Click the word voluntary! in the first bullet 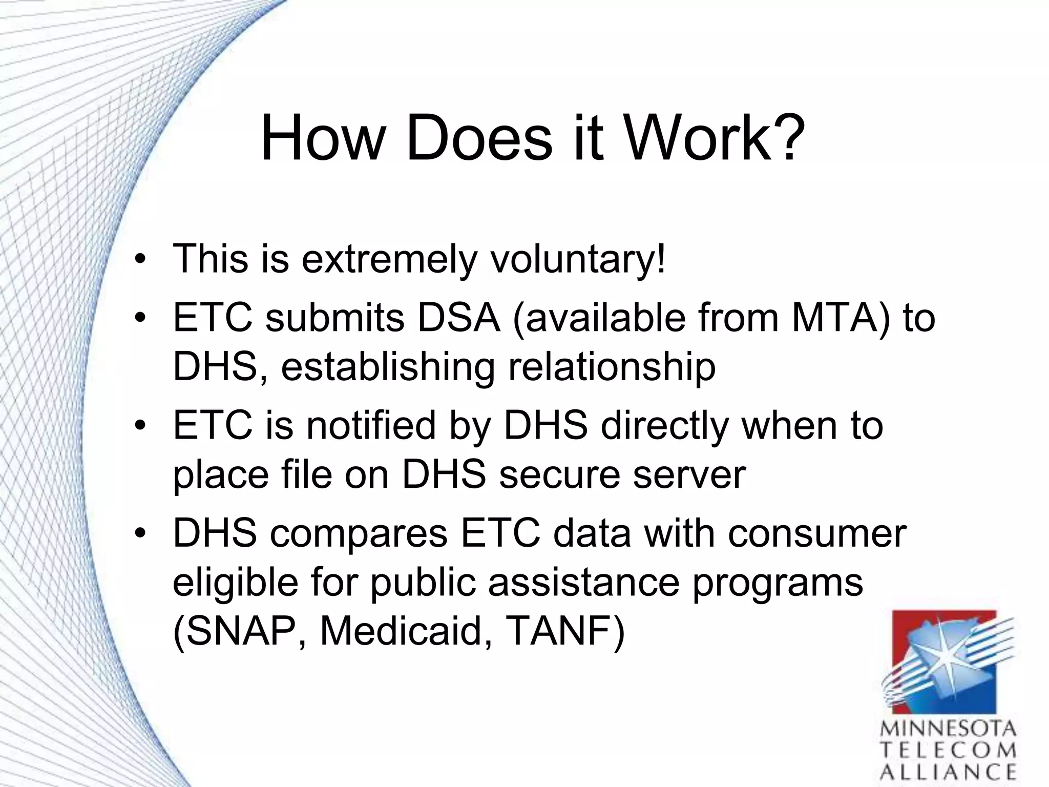click(578, 259)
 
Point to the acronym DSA click(459, 318)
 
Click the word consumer click(817, 534)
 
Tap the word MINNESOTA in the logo click(948, 729)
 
